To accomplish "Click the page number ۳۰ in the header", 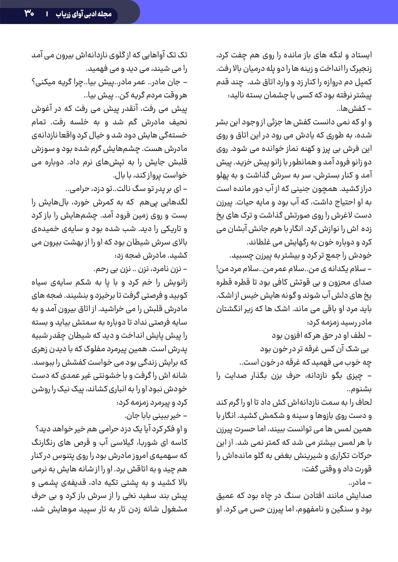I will click(x=29, y=14).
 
